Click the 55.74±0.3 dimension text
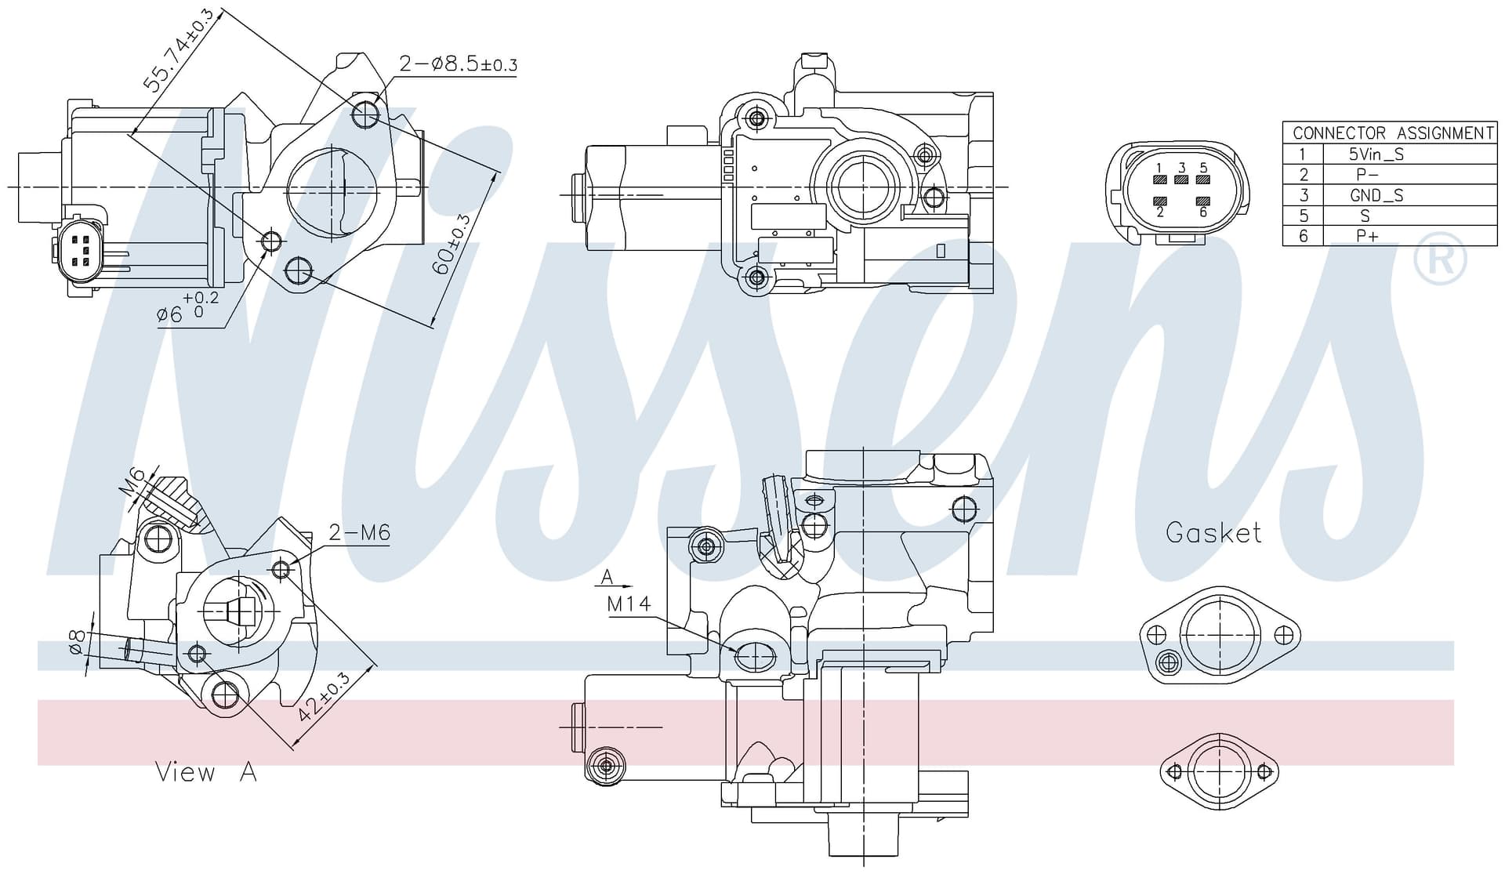179,51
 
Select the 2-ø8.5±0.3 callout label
459,63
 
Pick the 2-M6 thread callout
359,533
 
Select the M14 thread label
629,604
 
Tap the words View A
206,772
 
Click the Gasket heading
1213,533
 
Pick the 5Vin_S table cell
1376,154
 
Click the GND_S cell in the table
1376,195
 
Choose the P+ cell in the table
1367,236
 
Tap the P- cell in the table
1367,175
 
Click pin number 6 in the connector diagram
1203,212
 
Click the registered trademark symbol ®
1440,258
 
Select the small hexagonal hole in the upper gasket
1169,663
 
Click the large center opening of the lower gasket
1220,771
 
